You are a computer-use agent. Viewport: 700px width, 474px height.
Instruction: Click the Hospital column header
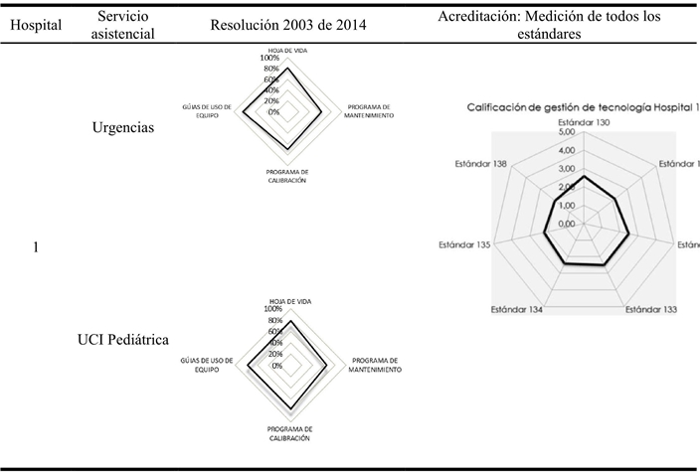pos(35,26)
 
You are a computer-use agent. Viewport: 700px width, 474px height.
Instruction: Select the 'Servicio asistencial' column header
pos(118,26)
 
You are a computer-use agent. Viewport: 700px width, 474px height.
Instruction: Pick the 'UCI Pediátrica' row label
pos(122,340)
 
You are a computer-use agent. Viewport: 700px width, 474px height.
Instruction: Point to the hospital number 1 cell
pos(36,247)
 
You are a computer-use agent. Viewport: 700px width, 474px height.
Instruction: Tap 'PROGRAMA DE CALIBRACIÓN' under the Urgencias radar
pos(286,176)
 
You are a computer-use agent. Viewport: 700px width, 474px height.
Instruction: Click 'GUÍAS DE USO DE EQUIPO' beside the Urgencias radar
pos(206,110)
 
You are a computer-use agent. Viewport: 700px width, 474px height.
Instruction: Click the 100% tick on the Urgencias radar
pos(269,58)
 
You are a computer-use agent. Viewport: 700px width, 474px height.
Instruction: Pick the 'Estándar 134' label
pos(518,309)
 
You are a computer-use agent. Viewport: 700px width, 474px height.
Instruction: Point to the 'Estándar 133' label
pos(650,309)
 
